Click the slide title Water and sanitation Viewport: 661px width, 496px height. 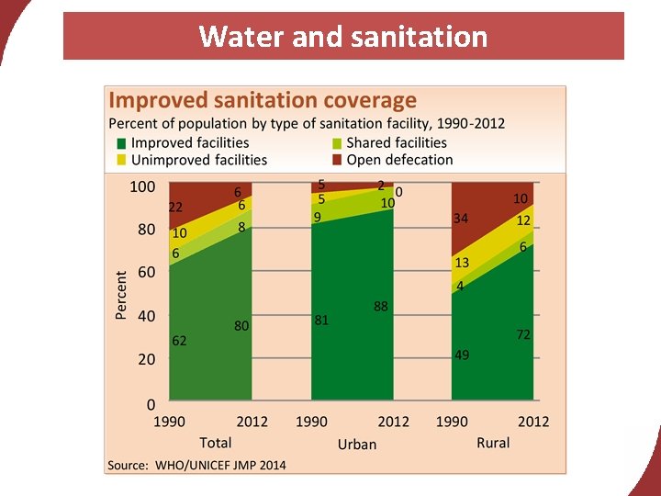click(342, 37)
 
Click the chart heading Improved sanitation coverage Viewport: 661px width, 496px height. click(263, 100)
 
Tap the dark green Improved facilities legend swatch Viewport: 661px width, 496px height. click(120, 143)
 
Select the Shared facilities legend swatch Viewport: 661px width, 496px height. click(336, 143)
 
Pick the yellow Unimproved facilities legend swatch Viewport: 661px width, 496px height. click(120, 160)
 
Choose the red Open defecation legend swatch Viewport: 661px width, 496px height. click(336, 160)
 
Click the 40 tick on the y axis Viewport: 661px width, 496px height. click(146, 316)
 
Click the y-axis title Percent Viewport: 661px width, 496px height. click(121, 295)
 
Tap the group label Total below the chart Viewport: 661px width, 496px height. click(216, 443)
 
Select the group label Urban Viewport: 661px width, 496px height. click(357, 444)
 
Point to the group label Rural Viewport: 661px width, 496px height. click(493, 443)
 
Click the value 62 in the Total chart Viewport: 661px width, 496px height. click(179, 341)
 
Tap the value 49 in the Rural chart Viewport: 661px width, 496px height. click(462, 355)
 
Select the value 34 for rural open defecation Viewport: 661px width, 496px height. click(462, 219)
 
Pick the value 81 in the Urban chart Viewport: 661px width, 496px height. click(321, 321)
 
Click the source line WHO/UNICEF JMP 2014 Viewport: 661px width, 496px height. click(196, 465)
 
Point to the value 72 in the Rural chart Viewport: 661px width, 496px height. click(523, 335)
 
